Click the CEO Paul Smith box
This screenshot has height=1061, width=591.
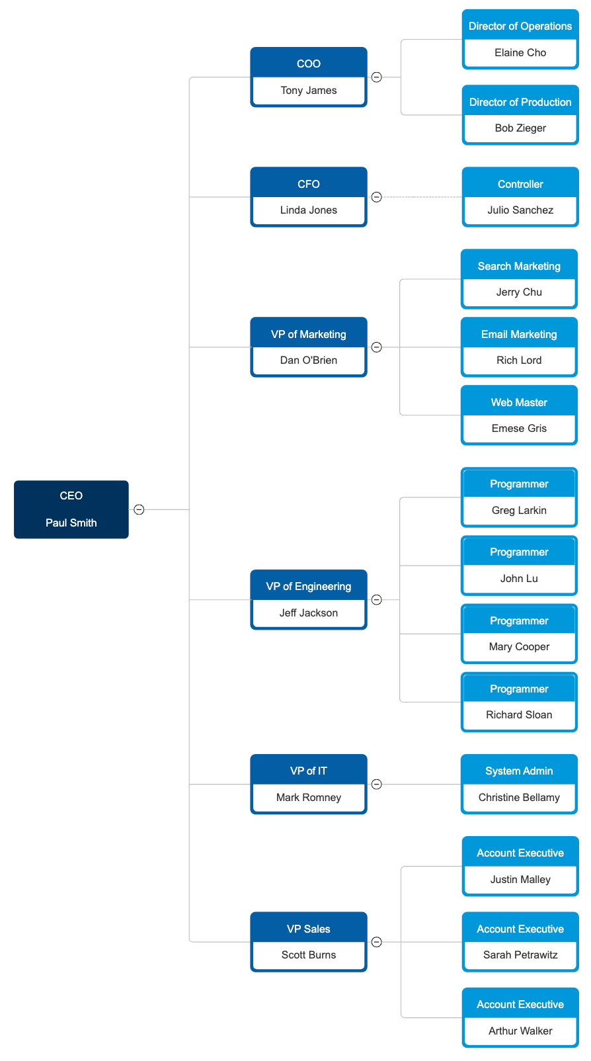(x=71, y=509)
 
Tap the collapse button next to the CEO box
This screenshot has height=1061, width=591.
(x=139, y=509)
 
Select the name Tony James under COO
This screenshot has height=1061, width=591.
(x=309, y=91)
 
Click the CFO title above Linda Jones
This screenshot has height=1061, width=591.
(x=309, y=184)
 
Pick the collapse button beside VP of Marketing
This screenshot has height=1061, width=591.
(x=377, y=347)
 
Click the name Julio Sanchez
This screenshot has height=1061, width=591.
(x=520, y=210)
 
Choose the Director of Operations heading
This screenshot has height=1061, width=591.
(x=520, y=26)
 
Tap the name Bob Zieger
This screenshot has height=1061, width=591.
(x=520, y=128)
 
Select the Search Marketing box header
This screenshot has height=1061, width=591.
(x=519, y=266)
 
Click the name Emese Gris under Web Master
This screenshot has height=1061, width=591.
(x=519, y=429)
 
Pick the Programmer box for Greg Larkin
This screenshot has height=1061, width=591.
(x=519, y=496)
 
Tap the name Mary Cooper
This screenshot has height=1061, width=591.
(x=519, y=647)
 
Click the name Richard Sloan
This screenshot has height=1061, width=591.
(x=519, y=715)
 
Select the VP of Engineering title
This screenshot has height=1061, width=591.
(x=309, y=587)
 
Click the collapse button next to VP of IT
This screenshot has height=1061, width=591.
(x=377, y=785)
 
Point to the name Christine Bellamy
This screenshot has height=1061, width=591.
(x=519, y=798)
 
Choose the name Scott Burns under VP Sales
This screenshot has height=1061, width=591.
(x=309, y=955)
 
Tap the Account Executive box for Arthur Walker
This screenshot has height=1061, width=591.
(x=520, y=1017)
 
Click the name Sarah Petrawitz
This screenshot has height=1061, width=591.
(x=520, y=955)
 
